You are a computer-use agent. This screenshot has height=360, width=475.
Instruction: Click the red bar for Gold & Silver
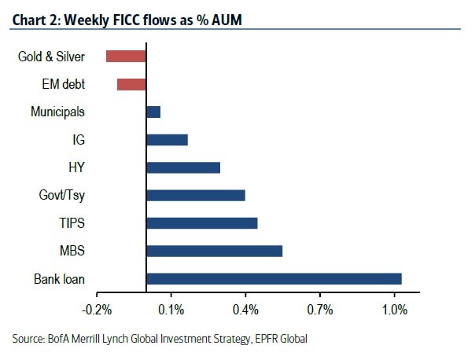[x=127, y=56]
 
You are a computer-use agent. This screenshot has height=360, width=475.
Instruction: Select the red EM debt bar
[x=132, y=84]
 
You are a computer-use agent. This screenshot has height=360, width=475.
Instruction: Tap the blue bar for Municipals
[x=153, y=112]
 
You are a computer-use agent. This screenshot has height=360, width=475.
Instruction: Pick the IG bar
[x=167, y=140]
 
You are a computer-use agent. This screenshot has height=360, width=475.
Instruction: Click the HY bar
[x=183, y=167]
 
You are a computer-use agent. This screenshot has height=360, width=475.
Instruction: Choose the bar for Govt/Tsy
[x=196, y=195]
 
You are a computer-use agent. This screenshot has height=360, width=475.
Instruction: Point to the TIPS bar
[x=202, y=223]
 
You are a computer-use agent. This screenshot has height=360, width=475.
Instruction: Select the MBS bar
[x=214, y=251]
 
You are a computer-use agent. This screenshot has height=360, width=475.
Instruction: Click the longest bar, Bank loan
[x=274, y=279]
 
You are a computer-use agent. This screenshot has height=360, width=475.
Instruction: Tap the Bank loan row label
[x=59, y=279]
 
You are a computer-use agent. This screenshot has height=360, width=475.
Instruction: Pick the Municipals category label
[x=58, y=112]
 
